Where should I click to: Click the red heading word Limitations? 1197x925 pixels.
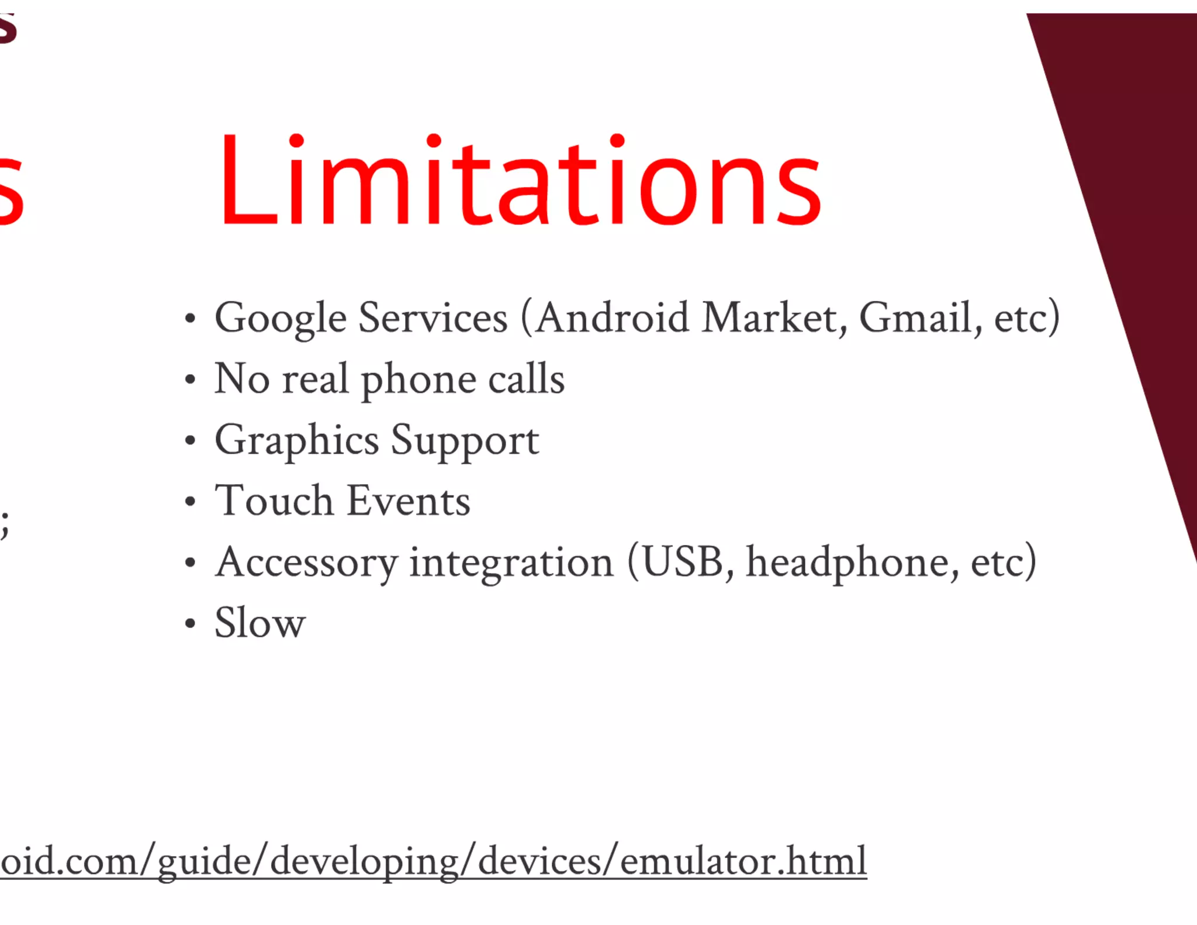pyautogui.click(x=520, y=181)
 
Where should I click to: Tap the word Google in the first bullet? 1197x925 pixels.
pyautogui.click(x=281, y=319)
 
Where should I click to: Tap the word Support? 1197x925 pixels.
pyautogui.click(x=465, y=441)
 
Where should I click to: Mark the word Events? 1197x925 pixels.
pyautogui.click(x=409, y=501)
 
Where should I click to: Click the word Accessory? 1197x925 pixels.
pyautogui.click(x=306, y=563)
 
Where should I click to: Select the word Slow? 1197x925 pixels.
pyautogui.click(x=260, y=623)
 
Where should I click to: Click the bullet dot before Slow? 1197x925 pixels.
pyautogui.click(x=189, y=624)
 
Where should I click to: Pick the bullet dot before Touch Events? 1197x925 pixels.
pyautogui.click(x=189, y=502)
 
